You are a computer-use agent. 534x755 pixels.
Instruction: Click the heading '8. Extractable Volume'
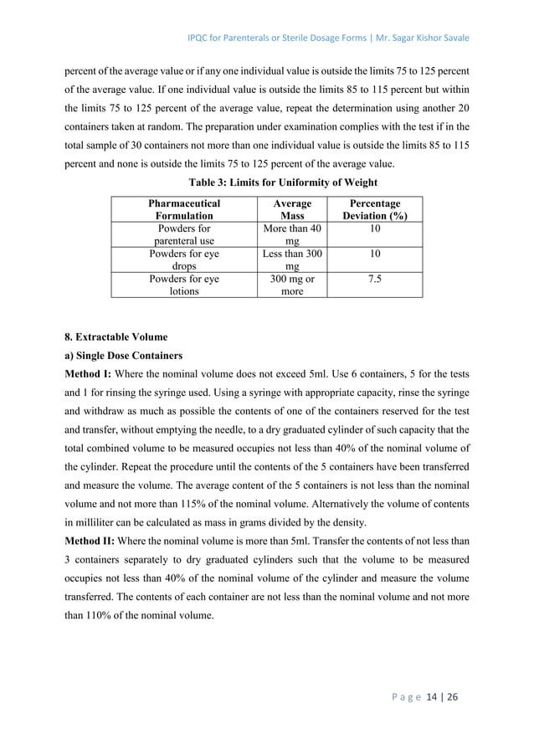[x=116, y=337]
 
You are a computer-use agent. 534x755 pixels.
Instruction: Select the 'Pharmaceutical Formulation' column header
[x=183, y=209]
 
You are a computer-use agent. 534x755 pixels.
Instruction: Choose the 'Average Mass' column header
[x=291, y=209]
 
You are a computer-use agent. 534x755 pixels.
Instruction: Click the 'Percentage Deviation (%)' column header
[x=375, y=209]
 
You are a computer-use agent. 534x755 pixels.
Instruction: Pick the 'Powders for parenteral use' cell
[x=183, y=234]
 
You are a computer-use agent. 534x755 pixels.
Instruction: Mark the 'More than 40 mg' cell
[x=291, y=234]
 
